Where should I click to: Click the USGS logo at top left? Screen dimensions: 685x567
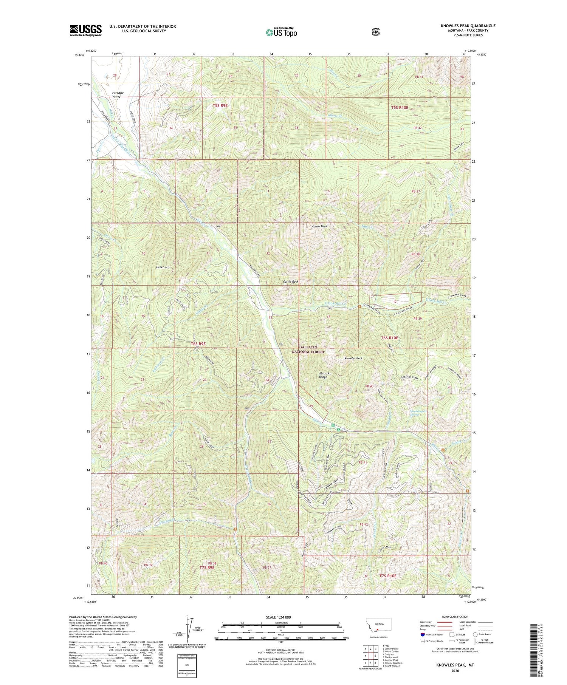click(85, 30)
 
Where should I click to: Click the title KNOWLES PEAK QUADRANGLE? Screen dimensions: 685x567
click(468, 26)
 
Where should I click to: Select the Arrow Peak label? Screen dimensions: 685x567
click(319, 226)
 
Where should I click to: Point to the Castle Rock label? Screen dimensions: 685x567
click(291, 281)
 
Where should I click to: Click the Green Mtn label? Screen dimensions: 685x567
click(163, 267)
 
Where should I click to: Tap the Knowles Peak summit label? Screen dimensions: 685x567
click(353, 358)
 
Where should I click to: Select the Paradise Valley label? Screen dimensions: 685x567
click(118, 94)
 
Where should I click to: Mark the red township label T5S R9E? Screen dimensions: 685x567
click(220, 105)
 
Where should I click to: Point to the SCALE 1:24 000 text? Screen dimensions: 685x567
click(280, 617)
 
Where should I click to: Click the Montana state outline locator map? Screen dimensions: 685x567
click(378, 626)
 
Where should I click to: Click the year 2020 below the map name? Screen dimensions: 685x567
click(455, 671)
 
